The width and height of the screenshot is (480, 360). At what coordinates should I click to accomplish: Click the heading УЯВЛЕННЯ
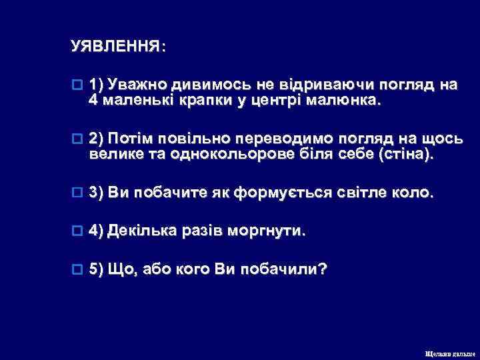click(x=119, y=47)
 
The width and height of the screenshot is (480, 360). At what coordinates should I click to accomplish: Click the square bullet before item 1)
click(x=76, y=85)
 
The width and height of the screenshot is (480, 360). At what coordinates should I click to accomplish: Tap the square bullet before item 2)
click(x=76, y=138)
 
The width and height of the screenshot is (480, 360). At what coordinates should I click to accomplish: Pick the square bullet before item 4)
click(x=76, y=231)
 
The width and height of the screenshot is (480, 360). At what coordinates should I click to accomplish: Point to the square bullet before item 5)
click(x=76, y=268)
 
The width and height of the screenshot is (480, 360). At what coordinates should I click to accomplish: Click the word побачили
click(x=280, y=268)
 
